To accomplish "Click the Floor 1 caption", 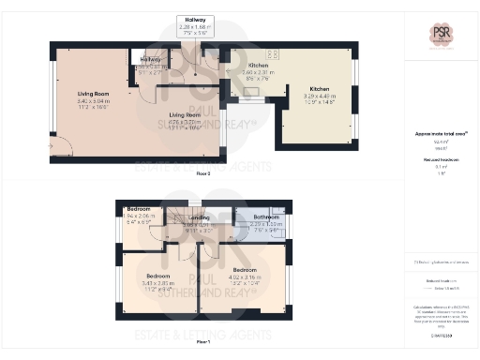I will (x=202, y=342).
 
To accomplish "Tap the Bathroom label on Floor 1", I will (x=266, y=221).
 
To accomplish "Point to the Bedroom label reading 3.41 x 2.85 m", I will (x=157, y=281).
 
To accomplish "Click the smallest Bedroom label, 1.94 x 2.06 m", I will (x=139, y=213).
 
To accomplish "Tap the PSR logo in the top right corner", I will (x=440, y=37).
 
